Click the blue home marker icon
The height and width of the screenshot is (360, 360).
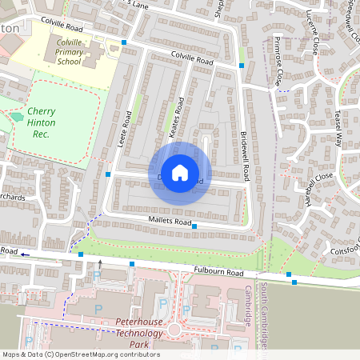180,173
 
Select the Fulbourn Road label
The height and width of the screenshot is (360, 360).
217,272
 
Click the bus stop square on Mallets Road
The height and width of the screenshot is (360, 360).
194,226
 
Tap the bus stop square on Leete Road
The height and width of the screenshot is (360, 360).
108,174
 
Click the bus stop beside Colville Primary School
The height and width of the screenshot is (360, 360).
124,42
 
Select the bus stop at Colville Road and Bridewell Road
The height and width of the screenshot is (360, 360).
242,65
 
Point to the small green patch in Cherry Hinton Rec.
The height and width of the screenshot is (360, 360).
17,118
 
